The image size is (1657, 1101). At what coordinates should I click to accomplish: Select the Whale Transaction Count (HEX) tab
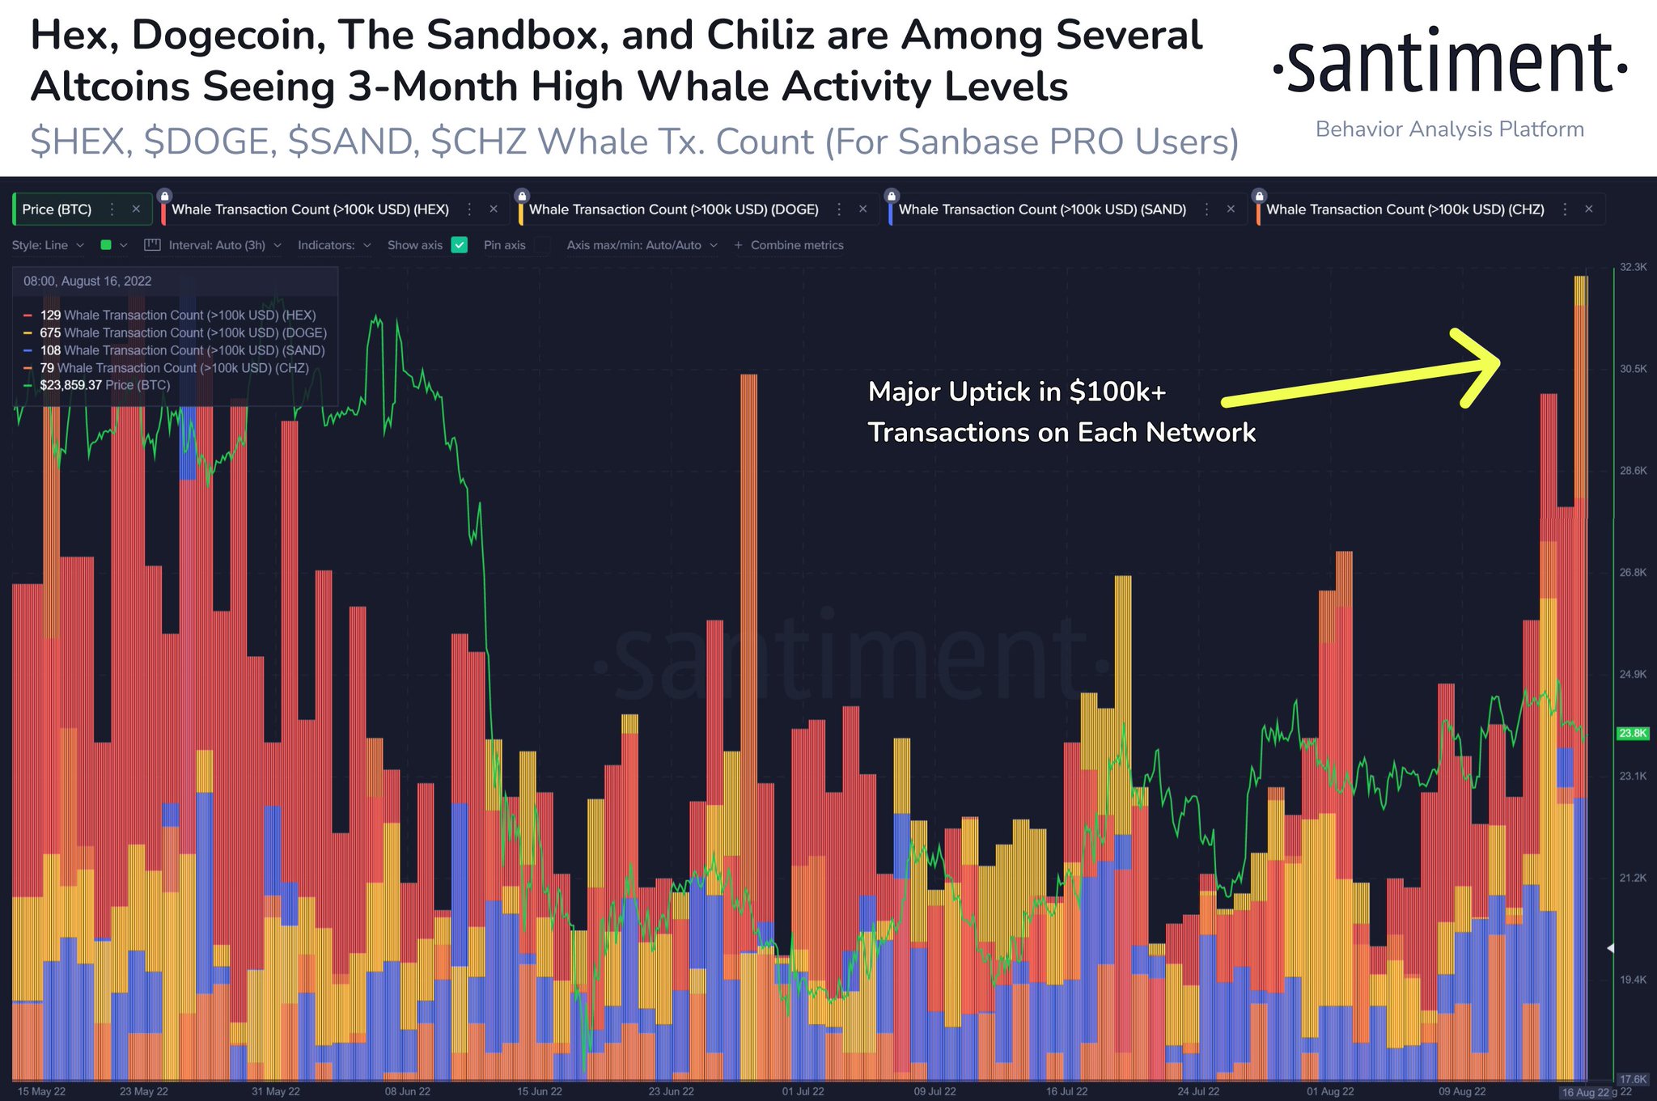point(310,210)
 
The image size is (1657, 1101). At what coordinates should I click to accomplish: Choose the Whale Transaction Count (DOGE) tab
point(673,210)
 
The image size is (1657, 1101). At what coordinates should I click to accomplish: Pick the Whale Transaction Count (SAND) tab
point(1042,210)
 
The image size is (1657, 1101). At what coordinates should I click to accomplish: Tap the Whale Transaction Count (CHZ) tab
point(1405,210)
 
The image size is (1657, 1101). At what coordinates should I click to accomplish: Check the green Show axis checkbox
point(460,245)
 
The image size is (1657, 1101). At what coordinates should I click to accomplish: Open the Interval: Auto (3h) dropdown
point(217,245)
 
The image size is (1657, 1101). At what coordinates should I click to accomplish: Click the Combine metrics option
point(796,245)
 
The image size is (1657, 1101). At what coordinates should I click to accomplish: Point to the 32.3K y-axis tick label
point(1633,267)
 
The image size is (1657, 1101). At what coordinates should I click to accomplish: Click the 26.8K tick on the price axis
point(1633,573)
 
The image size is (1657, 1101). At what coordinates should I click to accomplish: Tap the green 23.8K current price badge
point(1632,734)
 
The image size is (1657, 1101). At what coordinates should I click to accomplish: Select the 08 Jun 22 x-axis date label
point(407,1091)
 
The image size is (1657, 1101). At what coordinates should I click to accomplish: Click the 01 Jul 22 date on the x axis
point(803,1091)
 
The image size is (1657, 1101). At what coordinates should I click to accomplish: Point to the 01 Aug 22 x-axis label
point(1329,1091)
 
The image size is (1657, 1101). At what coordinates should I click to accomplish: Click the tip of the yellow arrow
point(1498,362)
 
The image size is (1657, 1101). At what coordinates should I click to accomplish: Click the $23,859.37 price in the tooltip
point(70,385)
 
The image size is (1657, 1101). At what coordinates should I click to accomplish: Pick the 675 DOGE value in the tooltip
point(50,332)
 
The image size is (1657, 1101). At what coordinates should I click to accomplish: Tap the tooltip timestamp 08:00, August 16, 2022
point(87,282)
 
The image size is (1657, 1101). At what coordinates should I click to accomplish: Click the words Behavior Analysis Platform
point(1449,129)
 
